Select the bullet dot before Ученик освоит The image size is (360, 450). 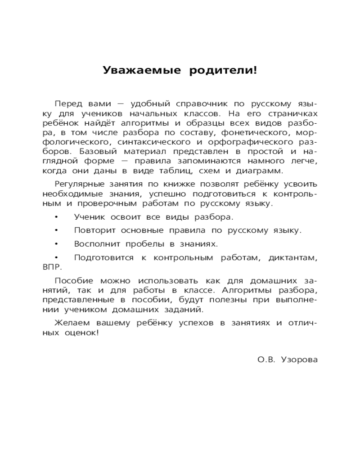click(56, 217)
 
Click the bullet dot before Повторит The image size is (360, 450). click(56, 230)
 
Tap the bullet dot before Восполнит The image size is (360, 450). click(56, 244)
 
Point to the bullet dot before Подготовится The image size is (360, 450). click(56, 257)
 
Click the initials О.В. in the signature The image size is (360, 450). click(266, 360)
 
